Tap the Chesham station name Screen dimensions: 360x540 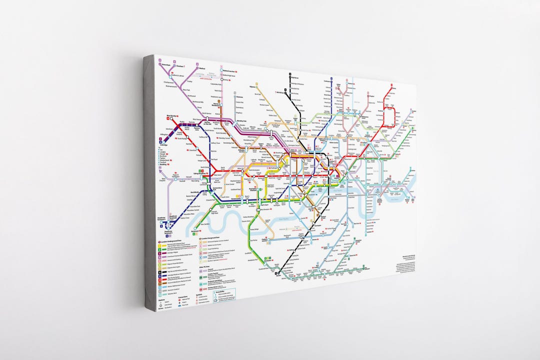(x=181, y=65)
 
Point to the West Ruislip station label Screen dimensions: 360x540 (x=169, y=115)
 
